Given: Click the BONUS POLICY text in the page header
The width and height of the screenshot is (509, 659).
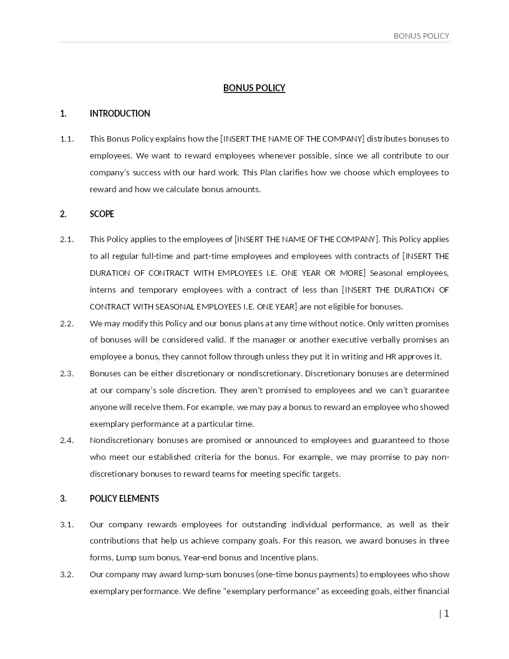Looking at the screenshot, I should (x=421, y=36).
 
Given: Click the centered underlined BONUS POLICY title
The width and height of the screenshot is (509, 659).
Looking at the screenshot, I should (x=254, y=88).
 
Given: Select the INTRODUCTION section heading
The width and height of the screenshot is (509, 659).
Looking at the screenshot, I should (x=120, y=114).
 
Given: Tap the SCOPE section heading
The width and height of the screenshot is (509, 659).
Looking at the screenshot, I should (x=102, y=214).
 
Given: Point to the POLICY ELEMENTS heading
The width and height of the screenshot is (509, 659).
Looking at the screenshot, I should (x=124, y=499).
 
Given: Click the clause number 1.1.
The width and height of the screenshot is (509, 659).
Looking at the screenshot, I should (x=67, y=139).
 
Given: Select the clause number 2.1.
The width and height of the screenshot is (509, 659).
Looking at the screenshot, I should (x=67, y=239).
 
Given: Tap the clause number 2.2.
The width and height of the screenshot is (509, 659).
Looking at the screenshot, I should (x=67, y=323).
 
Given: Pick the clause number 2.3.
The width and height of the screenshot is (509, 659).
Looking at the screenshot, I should (x=67, y=373).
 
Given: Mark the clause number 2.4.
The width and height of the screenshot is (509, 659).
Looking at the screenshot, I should (x=67, y=440).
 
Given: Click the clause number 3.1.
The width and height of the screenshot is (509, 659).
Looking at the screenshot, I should (x=67, y=524).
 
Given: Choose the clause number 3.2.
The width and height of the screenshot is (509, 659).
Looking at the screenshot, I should (x=67, y=574).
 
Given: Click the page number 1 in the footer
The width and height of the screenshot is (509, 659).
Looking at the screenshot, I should (x=447, y=613).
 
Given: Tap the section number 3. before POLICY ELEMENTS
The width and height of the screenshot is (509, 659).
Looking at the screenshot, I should (x=63, y=499).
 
